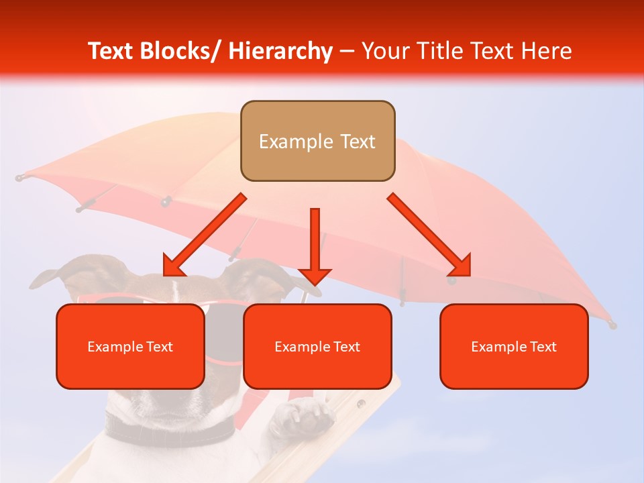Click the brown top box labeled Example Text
(x=317, y=141)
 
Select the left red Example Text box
(x=130, y=346)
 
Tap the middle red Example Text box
(x=317, y=346)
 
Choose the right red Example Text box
(x=514, y=346)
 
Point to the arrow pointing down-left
(x=204, y=235)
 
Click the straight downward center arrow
(x=315, y=246)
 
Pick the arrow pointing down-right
(x=429, y=235)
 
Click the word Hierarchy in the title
(x=280, y=51)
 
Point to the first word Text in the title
(x=111, y=51)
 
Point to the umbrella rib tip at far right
(x=611, y=325)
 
